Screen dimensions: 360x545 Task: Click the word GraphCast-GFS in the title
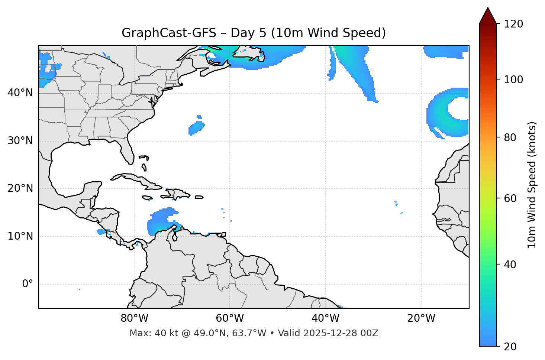coord(169,33)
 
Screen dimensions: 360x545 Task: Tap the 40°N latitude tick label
coord(20,93)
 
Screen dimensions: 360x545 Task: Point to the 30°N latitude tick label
coord(20,141)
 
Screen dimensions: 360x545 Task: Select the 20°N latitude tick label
coord(20,188)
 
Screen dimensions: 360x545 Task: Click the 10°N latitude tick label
coord(20,236)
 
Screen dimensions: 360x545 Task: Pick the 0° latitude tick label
coord(28,284)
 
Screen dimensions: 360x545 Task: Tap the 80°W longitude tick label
coord(134,318)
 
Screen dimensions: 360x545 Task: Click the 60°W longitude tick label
coord(230,318)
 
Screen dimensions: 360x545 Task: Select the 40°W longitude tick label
coord(325,318)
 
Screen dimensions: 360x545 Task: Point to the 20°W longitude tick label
coord(421,318)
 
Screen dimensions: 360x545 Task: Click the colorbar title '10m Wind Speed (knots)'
coord(532,185)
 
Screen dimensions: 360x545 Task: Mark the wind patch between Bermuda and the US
coord(196,127)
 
